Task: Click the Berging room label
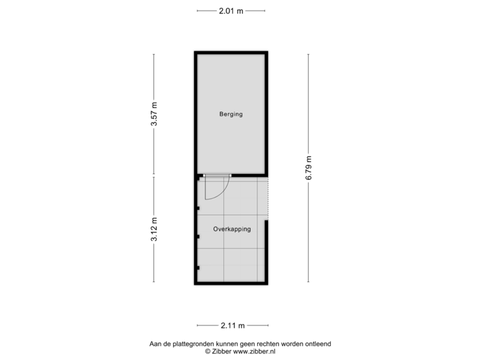[x=231, y=114]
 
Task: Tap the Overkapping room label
[x=232, y=229]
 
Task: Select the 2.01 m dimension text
[x=231, y=11]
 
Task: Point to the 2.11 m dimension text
[x=233, y=325]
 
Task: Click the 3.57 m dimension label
[x=154, y=114]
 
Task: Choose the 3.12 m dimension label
[x=154, y=229]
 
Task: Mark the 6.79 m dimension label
[x=309, y=168]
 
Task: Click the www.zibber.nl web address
[x=254, y=351]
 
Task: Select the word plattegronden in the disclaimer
[x=194, y=344]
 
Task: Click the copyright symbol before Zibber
[x=208, y=351]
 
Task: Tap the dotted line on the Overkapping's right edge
[x=268, y=199]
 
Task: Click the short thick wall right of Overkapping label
[x=266, y=251]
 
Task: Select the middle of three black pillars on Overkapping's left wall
[x=198, y=237]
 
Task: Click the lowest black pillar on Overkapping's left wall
[x=198, y=268]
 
